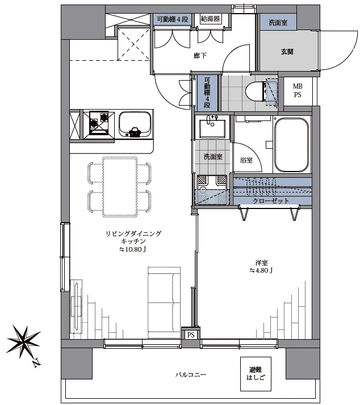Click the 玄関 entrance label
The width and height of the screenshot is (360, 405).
point(287,52)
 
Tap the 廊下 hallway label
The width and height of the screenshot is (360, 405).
point(200,55)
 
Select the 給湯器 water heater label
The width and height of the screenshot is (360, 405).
point(210,19)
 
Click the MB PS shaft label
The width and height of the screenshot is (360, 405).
point(298,90)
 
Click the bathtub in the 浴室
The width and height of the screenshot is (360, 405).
point(291,145)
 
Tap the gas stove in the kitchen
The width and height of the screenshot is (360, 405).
point(99,123)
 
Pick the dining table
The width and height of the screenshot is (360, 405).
point(120,187)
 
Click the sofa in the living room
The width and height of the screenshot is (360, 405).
point(164,302)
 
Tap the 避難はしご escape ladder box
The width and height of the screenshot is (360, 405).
point(256,374)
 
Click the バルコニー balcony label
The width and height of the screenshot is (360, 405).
point(191,374)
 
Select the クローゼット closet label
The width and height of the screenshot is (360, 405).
point(270,201)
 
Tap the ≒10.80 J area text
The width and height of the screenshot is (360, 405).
point(133,249)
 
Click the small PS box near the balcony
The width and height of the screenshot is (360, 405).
point(191,335)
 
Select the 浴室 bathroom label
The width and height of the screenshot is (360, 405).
point(246,160)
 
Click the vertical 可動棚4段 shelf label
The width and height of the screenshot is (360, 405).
point(207,92)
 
